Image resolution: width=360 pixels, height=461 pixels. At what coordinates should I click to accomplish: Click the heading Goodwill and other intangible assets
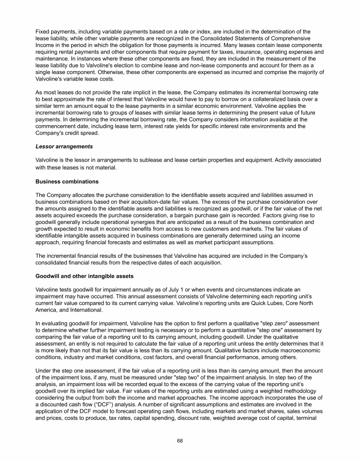(85, 276)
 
